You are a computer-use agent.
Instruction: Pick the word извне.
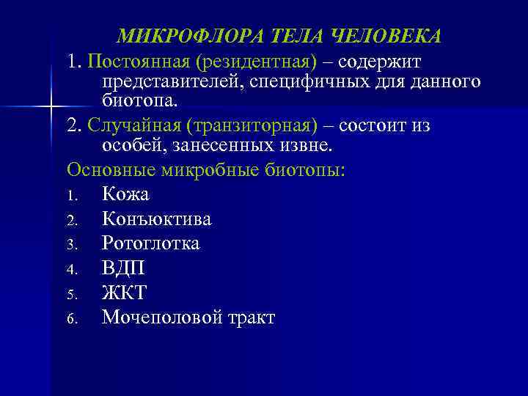point(307,144)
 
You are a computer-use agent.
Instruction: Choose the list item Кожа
point(125,194)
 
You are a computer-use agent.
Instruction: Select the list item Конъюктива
point(157,219)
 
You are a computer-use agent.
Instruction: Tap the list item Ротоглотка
point(151,243)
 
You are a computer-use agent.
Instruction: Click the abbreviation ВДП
point(123,268)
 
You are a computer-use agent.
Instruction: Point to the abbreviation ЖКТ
point(125,293)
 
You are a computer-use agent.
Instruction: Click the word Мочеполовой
point(159,318)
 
